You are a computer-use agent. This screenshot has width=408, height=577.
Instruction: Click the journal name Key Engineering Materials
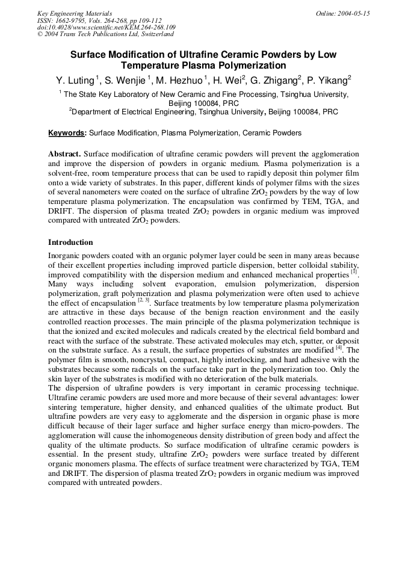click(75, 13)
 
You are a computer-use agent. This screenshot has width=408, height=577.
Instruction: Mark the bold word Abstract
click(64, 154)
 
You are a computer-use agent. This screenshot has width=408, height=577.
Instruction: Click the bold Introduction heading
click(70, 242)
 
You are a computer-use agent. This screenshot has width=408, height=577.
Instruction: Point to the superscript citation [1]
click(354, 273)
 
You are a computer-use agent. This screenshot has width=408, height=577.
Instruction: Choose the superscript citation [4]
click(339, 348)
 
